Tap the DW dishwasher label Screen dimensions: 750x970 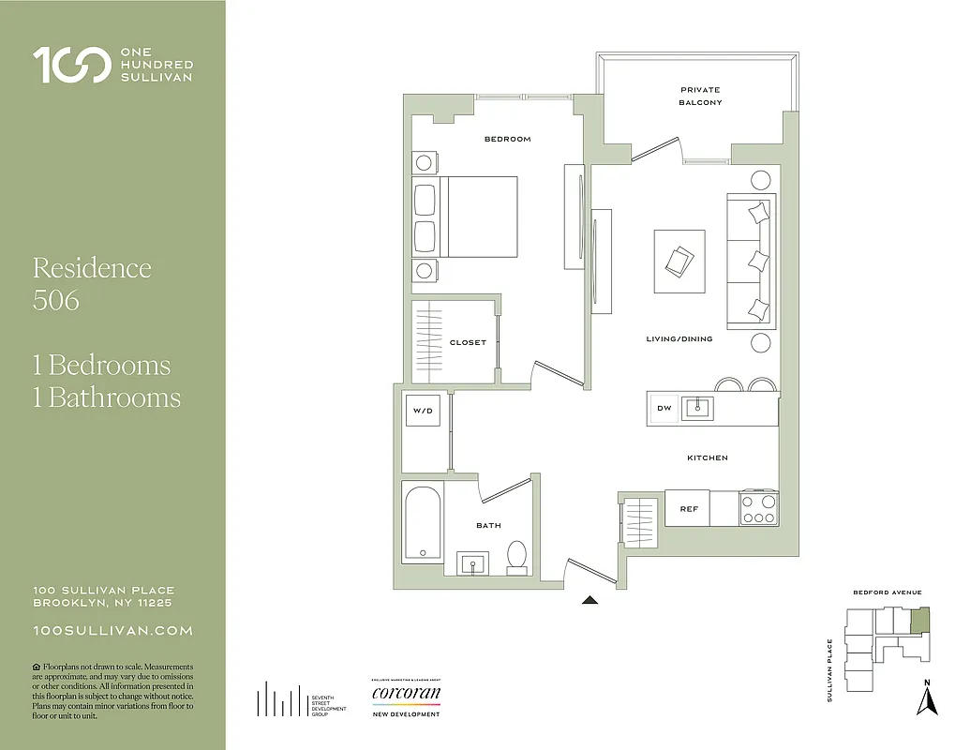tap(664, 408)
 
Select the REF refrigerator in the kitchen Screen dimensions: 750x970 tap(689, 509)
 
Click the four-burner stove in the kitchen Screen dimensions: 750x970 tap(758, 508)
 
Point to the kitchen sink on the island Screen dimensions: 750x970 tap(697, 408)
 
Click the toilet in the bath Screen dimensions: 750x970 tap(517, 557)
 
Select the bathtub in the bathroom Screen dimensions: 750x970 tap(423, 523)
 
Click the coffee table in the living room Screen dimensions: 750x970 tap(679, 261)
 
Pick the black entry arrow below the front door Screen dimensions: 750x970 tap(589, 601)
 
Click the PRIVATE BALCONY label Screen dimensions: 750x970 tap(701, 97)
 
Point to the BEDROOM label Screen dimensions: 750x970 tap(507, 139)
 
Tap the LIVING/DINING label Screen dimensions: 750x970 tap(679, 338)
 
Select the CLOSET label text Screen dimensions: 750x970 tap(468, 342)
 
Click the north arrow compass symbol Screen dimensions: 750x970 tap(927, 698)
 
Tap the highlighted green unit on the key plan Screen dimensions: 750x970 tap(921, 620)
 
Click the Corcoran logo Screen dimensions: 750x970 tap(406, 695)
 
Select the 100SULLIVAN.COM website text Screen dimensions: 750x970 tap(112, 631)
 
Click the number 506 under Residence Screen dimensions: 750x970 tap(55, 300)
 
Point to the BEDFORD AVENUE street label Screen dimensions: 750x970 tap(887, 592)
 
